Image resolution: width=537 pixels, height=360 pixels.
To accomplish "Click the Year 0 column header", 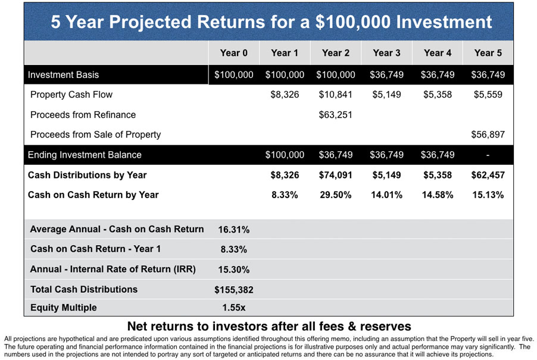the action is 233,53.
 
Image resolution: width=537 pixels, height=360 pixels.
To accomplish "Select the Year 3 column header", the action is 386,53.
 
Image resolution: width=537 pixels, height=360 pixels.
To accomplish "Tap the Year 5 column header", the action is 488,53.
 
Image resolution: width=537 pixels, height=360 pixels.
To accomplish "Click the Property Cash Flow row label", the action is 71,95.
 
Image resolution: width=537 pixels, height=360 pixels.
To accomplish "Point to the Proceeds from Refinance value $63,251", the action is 335,115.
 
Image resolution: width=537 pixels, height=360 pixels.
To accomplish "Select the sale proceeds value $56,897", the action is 488,134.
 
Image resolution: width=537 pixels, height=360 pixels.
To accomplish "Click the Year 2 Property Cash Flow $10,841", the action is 335,95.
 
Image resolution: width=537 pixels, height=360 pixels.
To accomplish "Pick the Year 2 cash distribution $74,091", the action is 335,175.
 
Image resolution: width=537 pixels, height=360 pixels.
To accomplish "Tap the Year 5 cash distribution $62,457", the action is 488,175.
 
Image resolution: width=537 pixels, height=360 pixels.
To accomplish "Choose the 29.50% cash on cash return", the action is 335,195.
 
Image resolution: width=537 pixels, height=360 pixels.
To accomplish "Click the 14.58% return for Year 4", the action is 438,195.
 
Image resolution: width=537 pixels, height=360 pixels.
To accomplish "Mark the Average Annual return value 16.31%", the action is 233,230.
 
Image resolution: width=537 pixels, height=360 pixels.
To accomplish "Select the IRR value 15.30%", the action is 233,270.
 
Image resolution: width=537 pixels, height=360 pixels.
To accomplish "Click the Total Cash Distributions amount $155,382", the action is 233,290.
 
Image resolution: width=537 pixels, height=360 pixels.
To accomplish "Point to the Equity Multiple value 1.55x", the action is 233,308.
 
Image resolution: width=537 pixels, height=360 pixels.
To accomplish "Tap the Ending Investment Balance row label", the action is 85,155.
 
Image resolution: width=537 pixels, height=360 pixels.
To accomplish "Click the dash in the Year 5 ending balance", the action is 488,155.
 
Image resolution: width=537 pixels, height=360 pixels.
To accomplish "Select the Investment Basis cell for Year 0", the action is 233,74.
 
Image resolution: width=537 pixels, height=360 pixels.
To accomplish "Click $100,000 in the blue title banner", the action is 353,22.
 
